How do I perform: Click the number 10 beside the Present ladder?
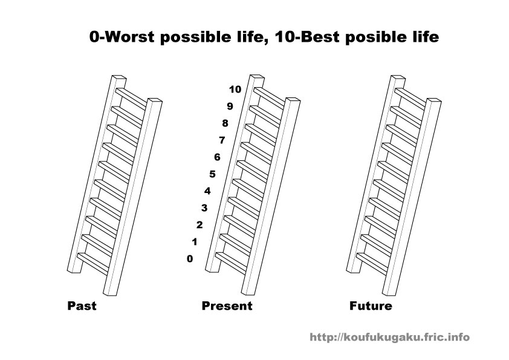[235, 90]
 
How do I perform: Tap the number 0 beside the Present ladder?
[190, 259]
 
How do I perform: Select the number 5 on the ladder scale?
[212, 174]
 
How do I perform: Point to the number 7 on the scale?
[221, 140]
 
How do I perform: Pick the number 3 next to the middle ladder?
[204, 208]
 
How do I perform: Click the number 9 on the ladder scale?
[230, 106]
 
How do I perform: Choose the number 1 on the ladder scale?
[194, 242]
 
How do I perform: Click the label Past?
[82, 306]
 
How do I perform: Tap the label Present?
[227, 306]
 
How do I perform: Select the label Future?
[371, 306]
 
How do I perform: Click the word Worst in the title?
[129, 38]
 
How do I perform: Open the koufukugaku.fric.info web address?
[389, 338]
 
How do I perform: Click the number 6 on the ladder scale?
[217, 157]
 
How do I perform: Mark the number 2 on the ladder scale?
[199, 225]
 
